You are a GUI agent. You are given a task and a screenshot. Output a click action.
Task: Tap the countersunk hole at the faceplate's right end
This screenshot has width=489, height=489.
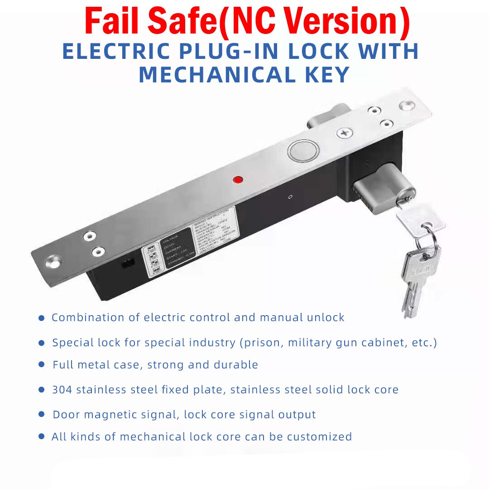(406, 106)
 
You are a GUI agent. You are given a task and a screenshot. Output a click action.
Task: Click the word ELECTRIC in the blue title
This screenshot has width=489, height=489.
(115, 52)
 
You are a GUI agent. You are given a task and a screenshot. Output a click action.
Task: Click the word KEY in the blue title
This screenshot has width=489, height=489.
(327, 75)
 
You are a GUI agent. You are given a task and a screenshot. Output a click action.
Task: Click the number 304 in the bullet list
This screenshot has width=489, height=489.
(62, 389)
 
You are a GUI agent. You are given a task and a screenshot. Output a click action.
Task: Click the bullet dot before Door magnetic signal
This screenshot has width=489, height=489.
(42, 414)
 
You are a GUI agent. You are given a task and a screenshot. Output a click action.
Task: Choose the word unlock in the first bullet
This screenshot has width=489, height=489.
(326, 317)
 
